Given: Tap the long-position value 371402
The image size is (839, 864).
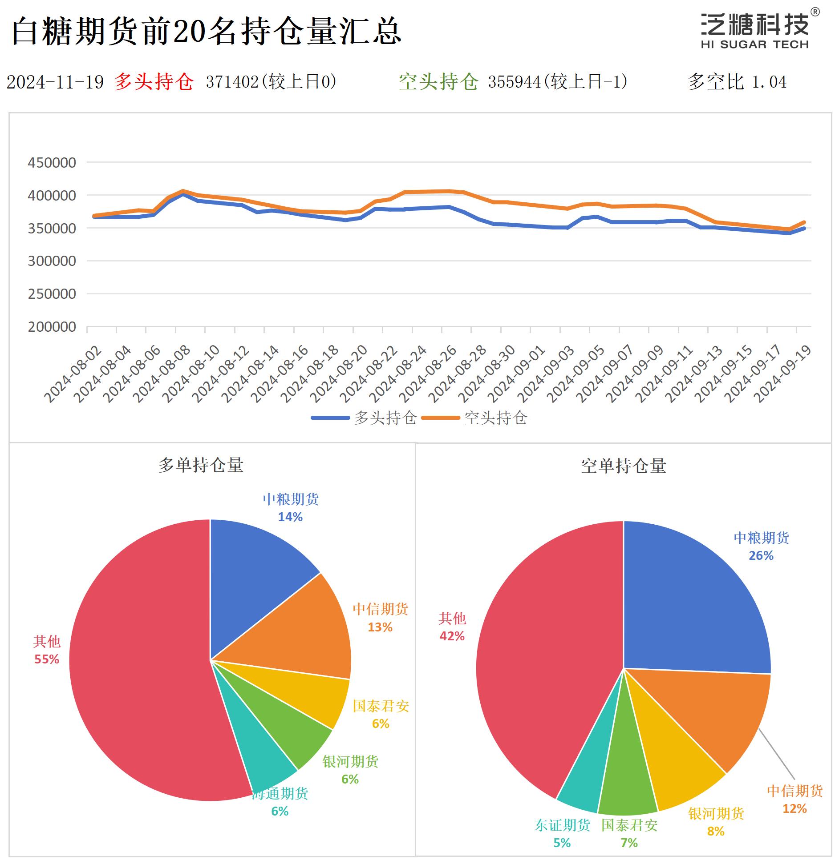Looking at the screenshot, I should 232,82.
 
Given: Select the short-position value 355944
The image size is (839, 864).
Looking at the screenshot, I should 514,82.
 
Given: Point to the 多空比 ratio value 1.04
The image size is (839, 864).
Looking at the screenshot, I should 769,82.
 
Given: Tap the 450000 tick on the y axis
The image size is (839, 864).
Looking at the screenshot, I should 52,163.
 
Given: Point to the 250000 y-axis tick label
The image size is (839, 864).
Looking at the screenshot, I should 52,294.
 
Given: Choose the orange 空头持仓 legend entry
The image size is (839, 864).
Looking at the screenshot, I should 474,418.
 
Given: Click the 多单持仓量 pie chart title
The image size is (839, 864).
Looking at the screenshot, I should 201,465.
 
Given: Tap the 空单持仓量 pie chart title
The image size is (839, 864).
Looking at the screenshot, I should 623,466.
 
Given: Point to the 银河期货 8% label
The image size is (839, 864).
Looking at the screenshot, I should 716,822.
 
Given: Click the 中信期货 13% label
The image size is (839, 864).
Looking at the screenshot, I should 380,618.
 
